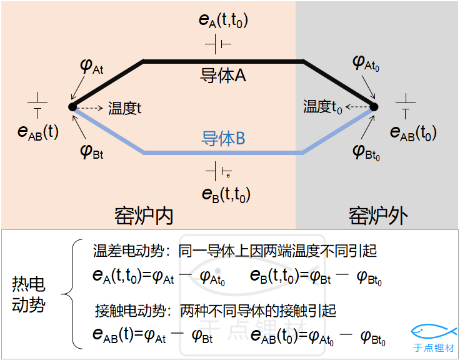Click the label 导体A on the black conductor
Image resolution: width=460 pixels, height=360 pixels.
(x=222, y=76)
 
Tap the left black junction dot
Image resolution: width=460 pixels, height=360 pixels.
(x=72, y=107)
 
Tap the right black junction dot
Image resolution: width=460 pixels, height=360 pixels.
(x=374, y=107)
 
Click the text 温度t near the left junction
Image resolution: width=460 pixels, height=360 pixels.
(x=124, y=107)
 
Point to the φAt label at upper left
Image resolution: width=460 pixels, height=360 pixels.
(x=92, y=66)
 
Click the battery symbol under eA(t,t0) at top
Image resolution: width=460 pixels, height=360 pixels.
(x=218, y=44)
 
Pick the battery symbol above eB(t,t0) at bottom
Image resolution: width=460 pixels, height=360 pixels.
(x=218, y=171)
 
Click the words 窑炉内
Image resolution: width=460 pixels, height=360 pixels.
(x=144, y=216)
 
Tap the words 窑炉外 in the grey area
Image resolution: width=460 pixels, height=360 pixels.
(x=378, y=216)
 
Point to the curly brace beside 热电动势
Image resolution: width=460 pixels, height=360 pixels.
(x=71, y=294)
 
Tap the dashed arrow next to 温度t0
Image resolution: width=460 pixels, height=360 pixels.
(x=356, y=107)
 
